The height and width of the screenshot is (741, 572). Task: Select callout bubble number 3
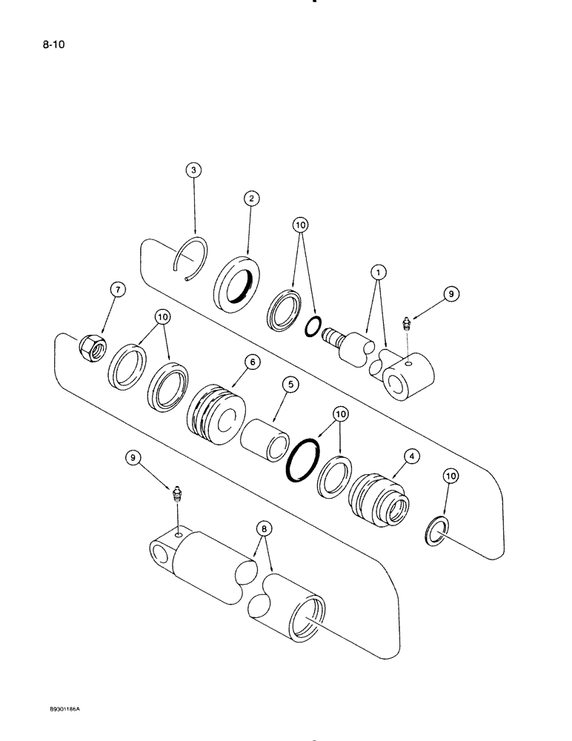(193, 171)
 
